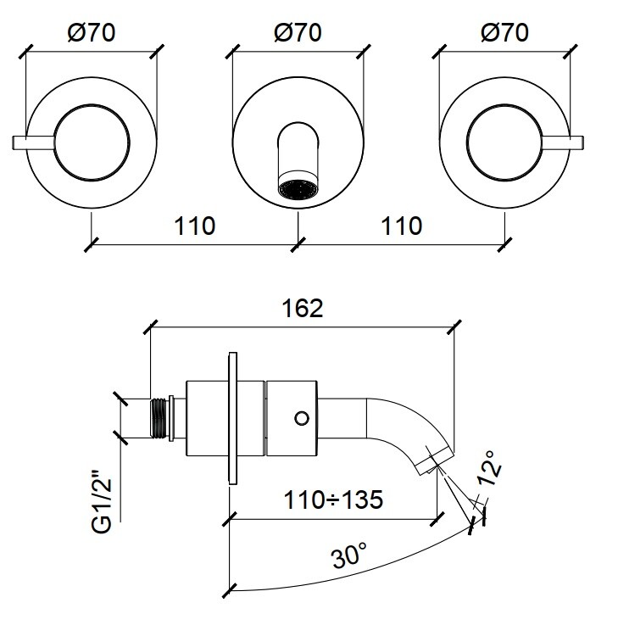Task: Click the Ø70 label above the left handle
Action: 91,33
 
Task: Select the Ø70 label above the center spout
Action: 298,33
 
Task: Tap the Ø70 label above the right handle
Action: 504,33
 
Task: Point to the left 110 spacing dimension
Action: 195,226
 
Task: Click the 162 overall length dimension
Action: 303,308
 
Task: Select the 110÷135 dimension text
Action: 333,499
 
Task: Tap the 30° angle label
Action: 349,556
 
